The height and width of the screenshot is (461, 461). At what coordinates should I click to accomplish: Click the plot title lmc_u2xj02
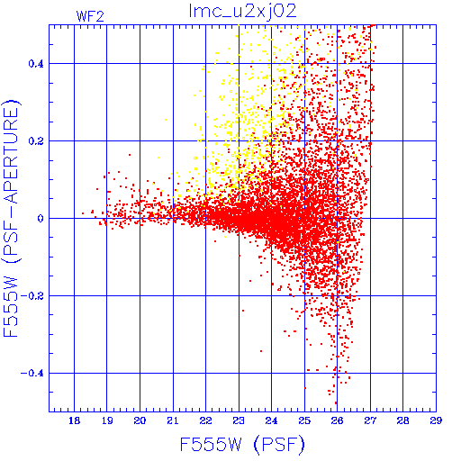pyautogui.click(x=242, y=12)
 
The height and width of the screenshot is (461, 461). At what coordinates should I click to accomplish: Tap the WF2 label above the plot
pyautogui.click(x=90, y=16)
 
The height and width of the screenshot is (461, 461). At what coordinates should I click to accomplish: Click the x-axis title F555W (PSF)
pyautogui.click(x=242, y=444)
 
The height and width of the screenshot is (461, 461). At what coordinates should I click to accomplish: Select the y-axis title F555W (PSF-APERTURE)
pyautogui.click(x=12, y=218)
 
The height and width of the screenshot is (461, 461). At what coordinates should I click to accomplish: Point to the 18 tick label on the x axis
pyautogui.click(x=74, y=420)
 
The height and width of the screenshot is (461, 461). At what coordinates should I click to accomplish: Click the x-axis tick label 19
pyautogui.click(x=107, y=420)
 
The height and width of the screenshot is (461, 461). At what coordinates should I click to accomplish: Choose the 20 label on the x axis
pyautogui.click(x=140, y=420)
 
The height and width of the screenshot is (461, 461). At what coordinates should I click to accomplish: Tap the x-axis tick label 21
pyautogui.click(x=173, y=420)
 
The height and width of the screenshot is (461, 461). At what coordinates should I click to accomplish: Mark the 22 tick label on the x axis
pyautogui.click(x=206, y=420)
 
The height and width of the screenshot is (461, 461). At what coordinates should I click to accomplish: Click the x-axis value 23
pyautogui.click(x=239, y=420)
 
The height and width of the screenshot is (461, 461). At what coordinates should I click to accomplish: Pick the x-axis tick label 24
pyautogui.click(x=271, y=420)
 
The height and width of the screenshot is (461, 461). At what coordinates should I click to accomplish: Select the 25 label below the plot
pyautogui.click(x=304, y=420)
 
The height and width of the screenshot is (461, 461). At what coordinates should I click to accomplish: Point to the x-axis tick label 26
pyautogui.click(x=338, y=420)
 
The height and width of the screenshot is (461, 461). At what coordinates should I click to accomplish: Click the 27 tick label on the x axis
pyautogui.click(x=370, y=420)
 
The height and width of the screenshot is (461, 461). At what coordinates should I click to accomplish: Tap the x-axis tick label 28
pyautogui.click(x=402, y=420)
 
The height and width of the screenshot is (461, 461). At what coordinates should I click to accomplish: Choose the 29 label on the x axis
pyautogui.click(x=436, y=420)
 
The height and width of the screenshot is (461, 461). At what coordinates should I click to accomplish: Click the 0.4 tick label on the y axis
pyautogui.click(x=36, y=63)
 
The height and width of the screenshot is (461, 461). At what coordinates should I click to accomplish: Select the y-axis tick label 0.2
pyautogui.click(x=36, y=140)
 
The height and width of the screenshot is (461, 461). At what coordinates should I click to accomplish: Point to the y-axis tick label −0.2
pyautogui.click(x=32, y=295)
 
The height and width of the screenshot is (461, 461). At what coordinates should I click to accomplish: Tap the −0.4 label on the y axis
pyautogui.click(x=32, y=373)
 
